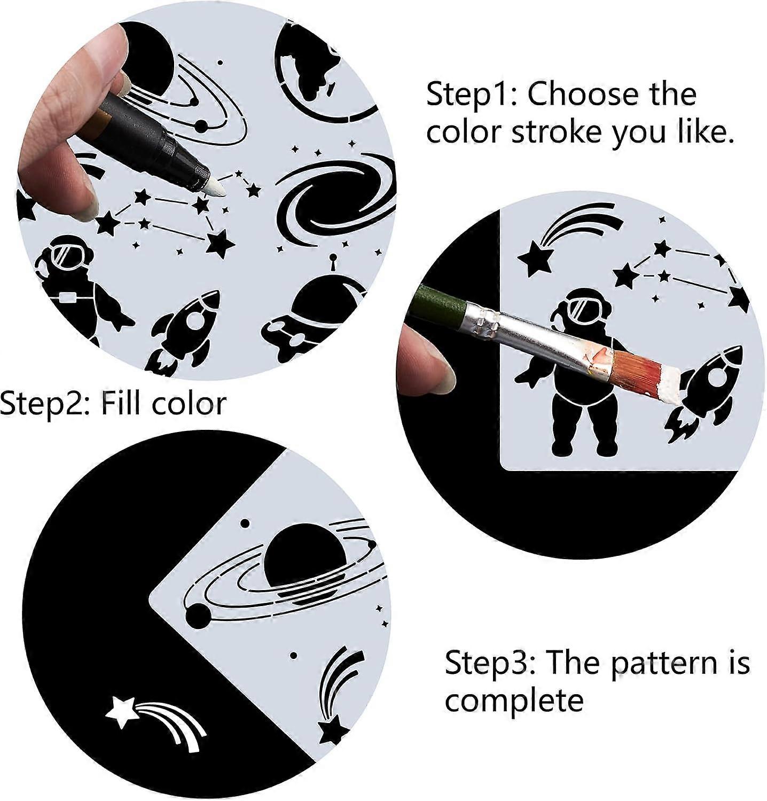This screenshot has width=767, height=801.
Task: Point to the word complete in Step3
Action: [x=514, y=701]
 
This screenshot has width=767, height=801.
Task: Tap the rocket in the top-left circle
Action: [x=185, y=329]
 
